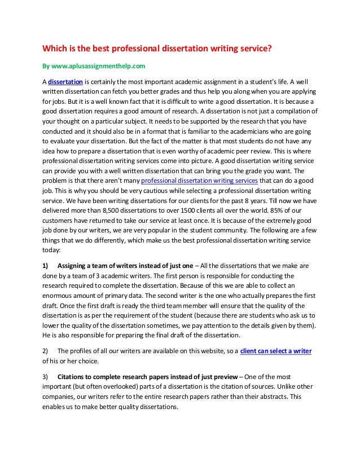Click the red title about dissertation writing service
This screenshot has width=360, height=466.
pos(159,48)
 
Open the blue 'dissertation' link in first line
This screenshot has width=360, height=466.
pos(67,81)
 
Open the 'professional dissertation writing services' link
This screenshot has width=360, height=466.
pos(199,181)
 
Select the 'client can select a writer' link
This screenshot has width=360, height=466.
pos(276,350)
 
